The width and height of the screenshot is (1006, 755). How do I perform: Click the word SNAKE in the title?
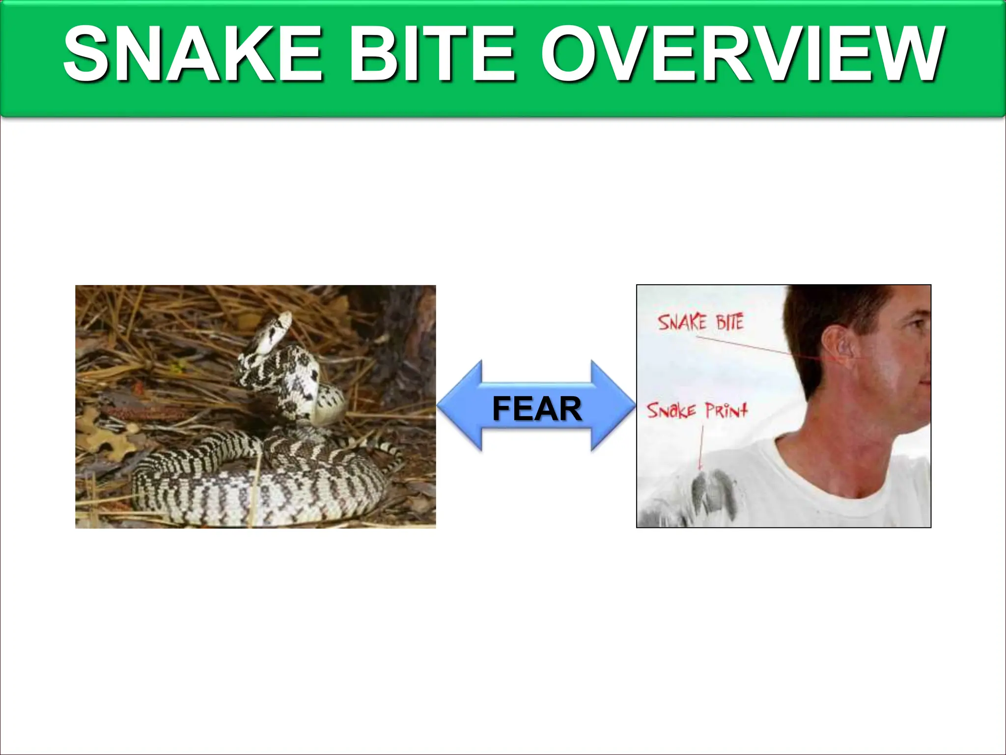coord(193,54)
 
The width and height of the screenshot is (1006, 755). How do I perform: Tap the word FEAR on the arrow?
coord(537,409)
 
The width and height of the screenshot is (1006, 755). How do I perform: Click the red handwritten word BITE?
coord(729,322)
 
